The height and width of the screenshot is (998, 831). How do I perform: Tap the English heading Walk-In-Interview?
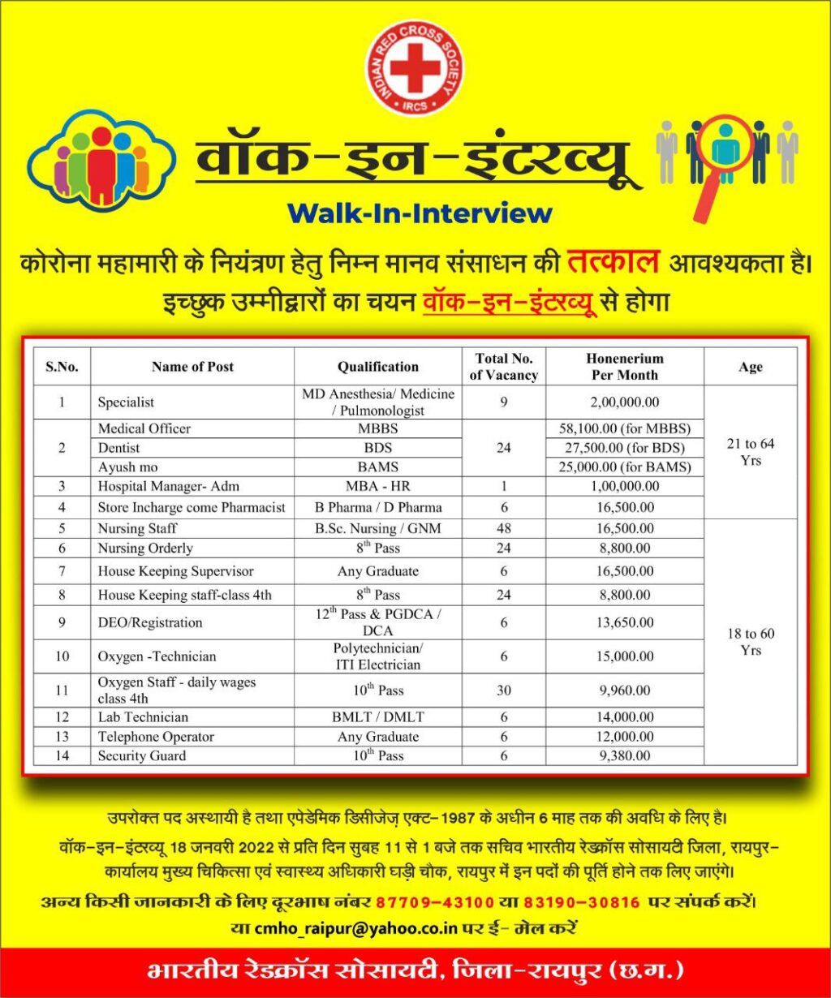point(420,213)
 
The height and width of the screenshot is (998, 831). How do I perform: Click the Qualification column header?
point(378,367)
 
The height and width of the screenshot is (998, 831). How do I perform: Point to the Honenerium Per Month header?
point(624,367)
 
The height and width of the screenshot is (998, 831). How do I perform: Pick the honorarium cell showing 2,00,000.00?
point(624,402)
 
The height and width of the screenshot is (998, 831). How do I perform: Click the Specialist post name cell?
point(126,402)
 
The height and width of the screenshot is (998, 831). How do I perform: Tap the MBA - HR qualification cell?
point(378,486)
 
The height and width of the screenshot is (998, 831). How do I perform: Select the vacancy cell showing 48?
point(504,529)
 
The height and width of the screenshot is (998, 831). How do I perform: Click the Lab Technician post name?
point(143,717)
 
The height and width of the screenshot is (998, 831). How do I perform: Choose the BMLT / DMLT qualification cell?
point(378,717)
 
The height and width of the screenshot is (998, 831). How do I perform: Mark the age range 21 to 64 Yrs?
point(751,452)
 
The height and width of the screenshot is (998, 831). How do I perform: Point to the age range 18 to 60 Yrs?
point(751,642)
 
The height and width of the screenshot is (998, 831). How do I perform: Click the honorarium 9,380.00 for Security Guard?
point(624,756)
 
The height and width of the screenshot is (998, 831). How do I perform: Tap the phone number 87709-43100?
point(435,902)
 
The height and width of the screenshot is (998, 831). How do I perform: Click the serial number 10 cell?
point(62,656)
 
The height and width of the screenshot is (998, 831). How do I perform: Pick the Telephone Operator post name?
point(156,737)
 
